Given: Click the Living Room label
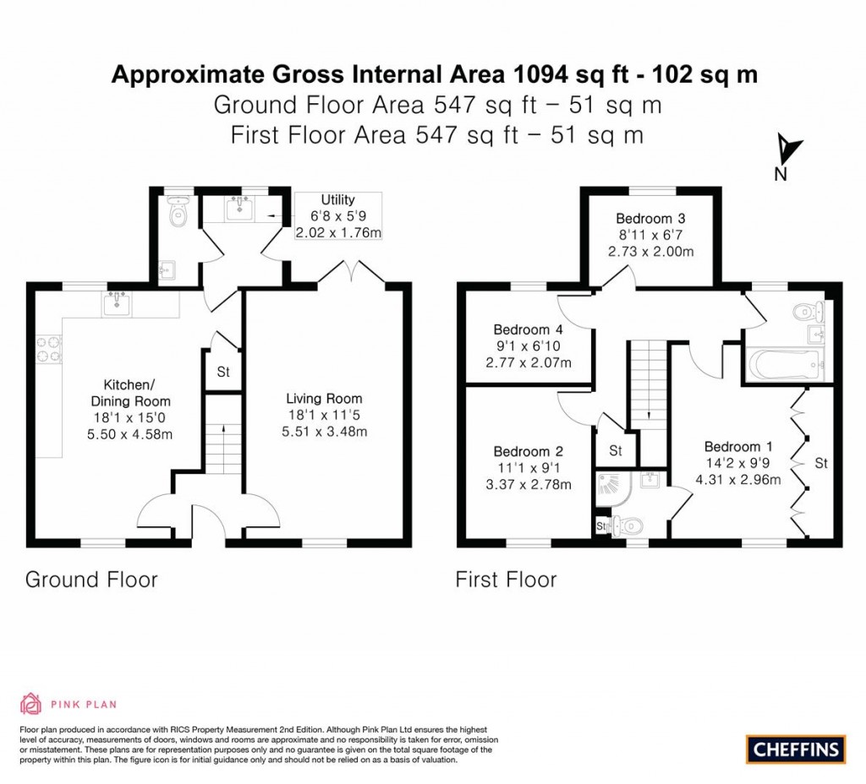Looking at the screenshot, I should click(324, 399).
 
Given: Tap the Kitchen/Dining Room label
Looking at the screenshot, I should click(131, 393).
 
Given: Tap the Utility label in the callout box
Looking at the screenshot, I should click(337, 200).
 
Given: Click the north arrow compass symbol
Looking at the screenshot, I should click(787, 150).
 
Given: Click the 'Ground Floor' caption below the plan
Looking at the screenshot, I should click(91, 580).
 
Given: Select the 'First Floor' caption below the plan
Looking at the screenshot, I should click(506, 580).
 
